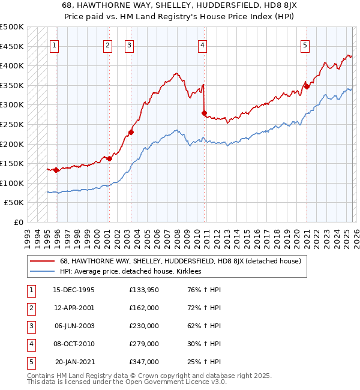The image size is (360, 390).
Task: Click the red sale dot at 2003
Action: coord(131,133)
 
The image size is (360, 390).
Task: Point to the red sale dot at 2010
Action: coord(205,113)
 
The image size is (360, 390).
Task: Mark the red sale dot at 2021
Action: coord(307,86)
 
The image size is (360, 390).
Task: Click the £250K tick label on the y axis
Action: coord(12,125)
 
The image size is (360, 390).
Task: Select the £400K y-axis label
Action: coord(12,66)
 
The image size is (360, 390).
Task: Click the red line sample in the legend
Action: coord(43,261)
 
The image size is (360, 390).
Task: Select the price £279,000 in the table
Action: coord(144,344)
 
